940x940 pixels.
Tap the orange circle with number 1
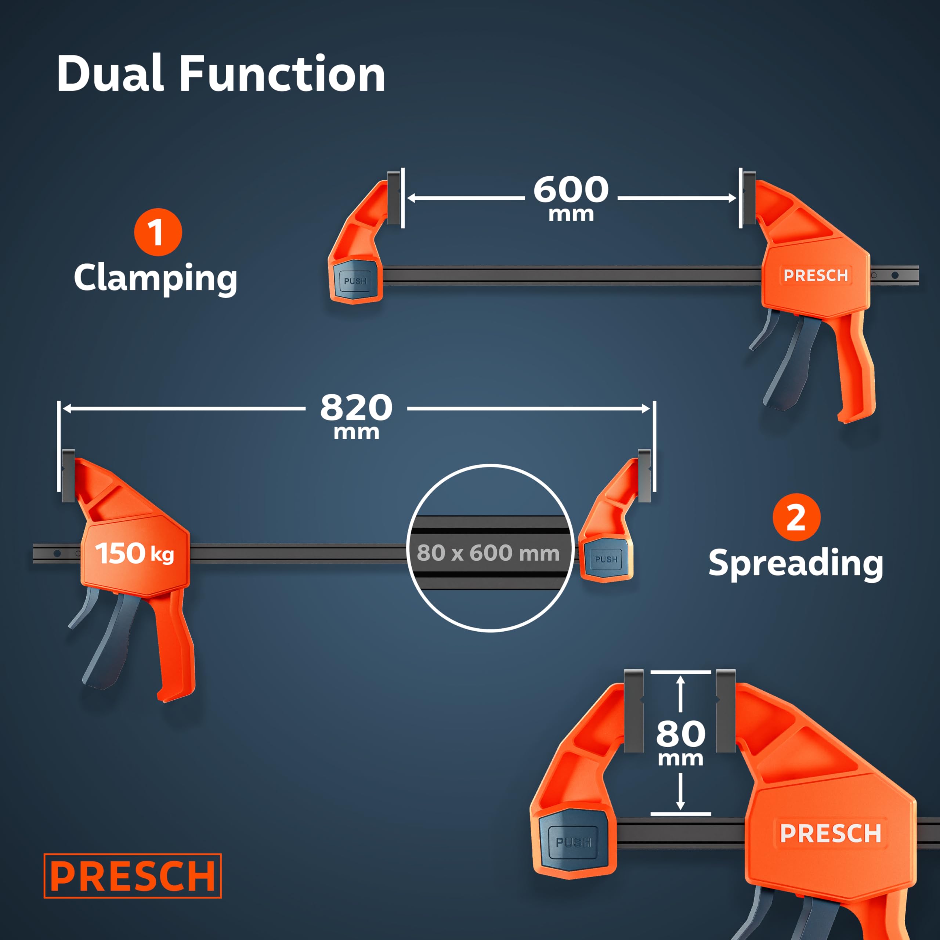point(158,232)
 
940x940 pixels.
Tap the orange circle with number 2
point(796,517)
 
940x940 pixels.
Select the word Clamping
point(156,278)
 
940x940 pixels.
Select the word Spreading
point(796,564)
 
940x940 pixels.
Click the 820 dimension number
point(356,407)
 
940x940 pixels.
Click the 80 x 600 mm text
point(488,553)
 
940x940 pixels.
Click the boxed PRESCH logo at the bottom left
point(132,876)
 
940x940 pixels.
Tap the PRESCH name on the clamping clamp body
point(816,275)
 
